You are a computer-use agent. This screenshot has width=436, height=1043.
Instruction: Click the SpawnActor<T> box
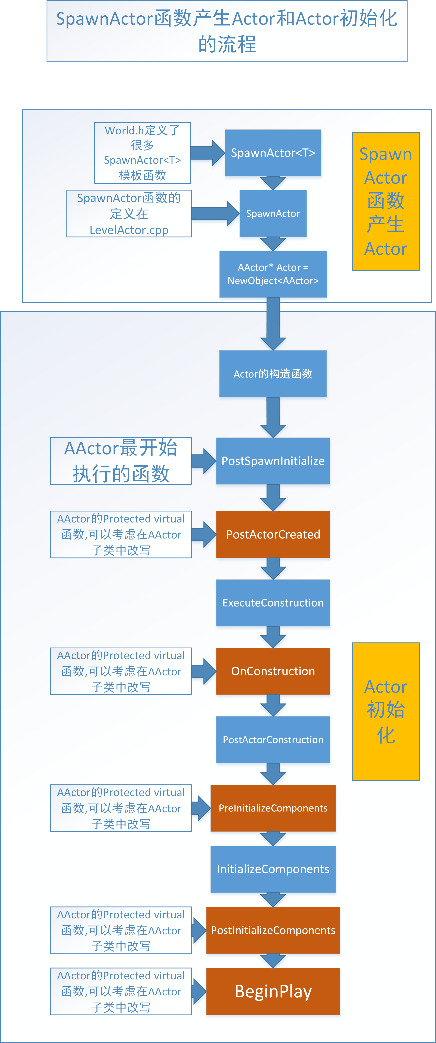tap(273, 153)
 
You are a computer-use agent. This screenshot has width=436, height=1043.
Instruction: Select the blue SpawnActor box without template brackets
tap(273, 213)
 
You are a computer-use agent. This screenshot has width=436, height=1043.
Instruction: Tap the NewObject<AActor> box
tap(273, 274)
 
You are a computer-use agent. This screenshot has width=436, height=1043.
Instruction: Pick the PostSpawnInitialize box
tap(273, 461)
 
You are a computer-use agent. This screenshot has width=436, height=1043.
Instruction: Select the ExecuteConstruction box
tap(273, 602)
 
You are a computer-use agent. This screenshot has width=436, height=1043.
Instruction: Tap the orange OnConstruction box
tap(273, 671)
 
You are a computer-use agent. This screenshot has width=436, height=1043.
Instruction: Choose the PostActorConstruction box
tap(273, 739)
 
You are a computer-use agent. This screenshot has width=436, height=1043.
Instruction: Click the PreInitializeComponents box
tap(273, 808)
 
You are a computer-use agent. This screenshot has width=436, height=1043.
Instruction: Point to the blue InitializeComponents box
tap(273, 869)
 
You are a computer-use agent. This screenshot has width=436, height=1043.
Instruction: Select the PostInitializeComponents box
tap(273, 930)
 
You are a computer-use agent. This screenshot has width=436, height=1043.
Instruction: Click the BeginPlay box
tap(273, 991)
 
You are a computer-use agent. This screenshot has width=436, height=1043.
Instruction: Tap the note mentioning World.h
tap(142, 153)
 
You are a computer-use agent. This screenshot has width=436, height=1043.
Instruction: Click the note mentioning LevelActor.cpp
tap(129, 213)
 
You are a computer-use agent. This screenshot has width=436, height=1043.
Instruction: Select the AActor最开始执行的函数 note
tap(121, 461)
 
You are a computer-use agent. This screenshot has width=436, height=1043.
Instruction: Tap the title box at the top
tap(227, 31)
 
